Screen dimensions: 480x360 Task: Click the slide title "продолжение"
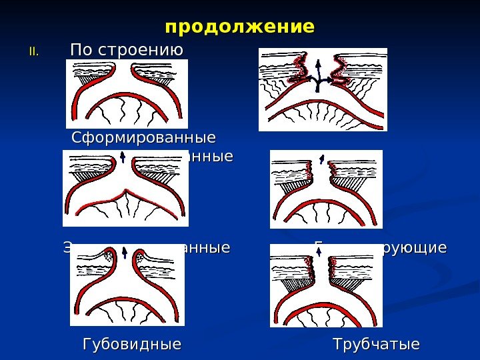tap(239, 28)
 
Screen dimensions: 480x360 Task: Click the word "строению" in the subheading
tap(140, 50)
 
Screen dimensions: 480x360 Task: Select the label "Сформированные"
tap(143, 139)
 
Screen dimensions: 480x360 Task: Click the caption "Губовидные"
tap(131, 345)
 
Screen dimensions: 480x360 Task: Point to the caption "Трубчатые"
tap(377, 345)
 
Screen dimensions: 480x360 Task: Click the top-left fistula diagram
tap(127, 93)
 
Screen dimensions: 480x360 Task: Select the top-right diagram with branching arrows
tap(323, 90)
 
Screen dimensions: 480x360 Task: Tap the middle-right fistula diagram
tap(326, 189)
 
